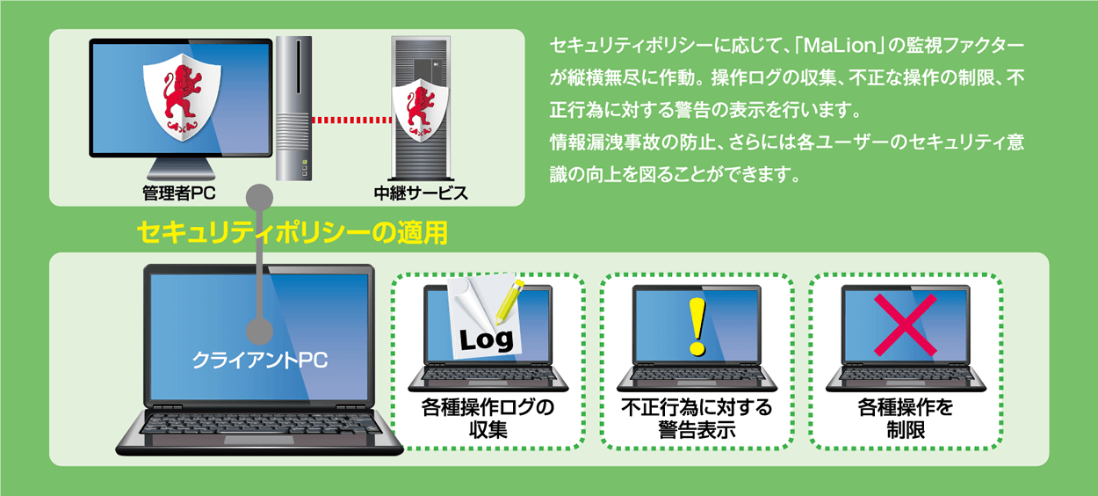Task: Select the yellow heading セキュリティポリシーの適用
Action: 293,232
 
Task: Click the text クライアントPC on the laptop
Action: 259,361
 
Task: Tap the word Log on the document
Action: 486,339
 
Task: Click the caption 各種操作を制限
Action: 905,419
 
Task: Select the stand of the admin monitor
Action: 180,172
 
